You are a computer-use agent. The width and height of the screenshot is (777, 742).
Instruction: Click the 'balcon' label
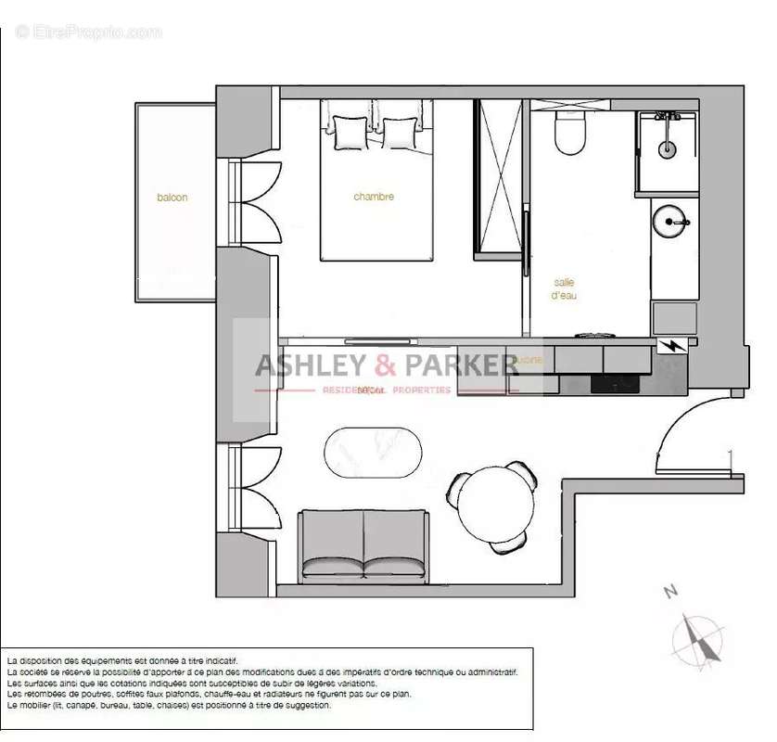point(172,198)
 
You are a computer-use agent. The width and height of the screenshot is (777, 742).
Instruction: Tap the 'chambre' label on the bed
point(374,197)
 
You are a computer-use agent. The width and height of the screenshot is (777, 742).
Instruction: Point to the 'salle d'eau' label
point(565,288)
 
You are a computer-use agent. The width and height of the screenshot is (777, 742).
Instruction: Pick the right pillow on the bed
point(400,133)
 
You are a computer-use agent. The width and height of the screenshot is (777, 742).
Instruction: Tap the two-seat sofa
point(363,544)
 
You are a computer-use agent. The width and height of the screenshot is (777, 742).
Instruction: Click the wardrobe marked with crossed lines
point(500,176)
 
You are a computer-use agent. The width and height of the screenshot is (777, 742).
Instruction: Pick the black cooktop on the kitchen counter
point(616,383)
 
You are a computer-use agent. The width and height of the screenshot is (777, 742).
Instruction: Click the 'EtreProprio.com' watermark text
point(89,32)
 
